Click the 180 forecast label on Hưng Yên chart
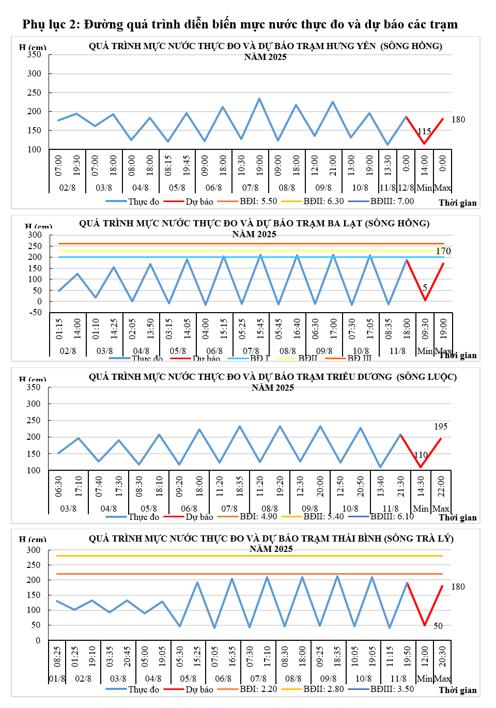pos(458,120)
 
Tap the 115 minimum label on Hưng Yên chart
pos(424,132)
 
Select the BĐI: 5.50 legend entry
pos(258,202)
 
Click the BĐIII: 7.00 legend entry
pos(392,202)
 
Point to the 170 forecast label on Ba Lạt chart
pos(443,251)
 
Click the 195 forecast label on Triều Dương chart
pos(441,427)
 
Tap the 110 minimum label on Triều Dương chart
pos(421,455)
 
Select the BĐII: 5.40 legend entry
pos(323,516)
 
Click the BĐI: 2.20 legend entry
pos(258,689)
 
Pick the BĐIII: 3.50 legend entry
pos(392,689)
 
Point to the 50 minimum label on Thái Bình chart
pos(438,626)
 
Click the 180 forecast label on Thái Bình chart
pos(458,587)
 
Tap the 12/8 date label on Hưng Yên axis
pos(406,188)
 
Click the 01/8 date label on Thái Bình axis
pos(57,679)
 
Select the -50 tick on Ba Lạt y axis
pos(36,313)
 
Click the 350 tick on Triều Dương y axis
pos(33,388)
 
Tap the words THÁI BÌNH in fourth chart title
pos(356,538)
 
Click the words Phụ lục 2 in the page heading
pos(51,24)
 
